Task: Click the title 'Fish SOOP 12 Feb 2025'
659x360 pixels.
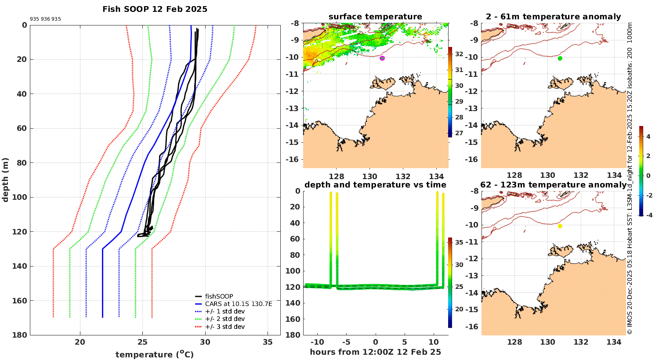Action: click(155, 9)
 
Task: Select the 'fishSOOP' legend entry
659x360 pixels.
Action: click(219, 296)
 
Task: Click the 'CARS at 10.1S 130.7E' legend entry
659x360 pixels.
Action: click(239, 304)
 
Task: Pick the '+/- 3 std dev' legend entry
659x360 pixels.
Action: click(224, 327)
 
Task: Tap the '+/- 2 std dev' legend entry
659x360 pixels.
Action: click(224, 319)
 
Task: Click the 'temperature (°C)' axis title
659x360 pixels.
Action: click(155, 354)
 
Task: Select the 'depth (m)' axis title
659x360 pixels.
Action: click(6, 180)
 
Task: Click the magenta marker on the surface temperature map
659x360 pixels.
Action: click(382, 58)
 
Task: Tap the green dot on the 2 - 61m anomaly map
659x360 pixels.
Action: click(560, 58)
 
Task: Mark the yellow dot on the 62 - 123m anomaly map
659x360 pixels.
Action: click(560, 226)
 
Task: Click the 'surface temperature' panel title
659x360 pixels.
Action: click(375, 17)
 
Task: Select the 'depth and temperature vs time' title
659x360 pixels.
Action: click(375, 185)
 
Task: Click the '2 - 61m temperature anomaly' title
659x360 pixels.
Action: click(553, 17)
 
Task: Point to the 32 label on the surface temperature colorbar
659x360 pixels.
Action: click(459, 54)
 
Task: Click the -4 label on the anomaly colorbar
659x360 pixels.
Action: click(648, 215)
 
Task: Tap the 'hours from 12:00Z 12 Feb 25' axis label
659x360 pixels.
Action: click(375, 352)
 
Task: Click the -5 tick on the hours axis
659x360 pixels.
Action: click(346, 342)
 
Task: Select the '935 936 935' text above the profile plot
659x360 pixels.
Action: click(45, 19)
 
